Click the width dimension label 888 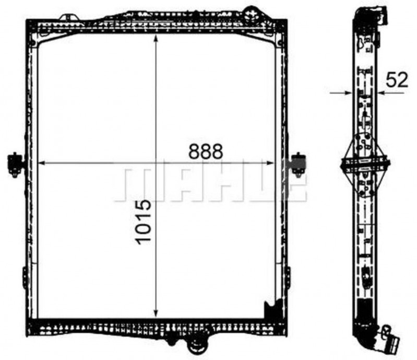tap(206, 152)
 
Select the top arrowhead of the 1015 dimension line tap(156, 39)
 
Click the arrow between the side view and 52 tap(381, 93)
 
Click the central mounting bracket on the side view tap(365, 164)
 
